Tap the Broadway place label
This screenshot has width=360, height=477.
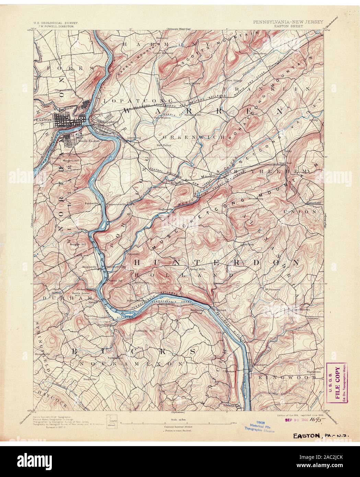tap(260, 54)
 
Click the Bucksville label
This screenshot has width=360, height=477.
tap(90, 379)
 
